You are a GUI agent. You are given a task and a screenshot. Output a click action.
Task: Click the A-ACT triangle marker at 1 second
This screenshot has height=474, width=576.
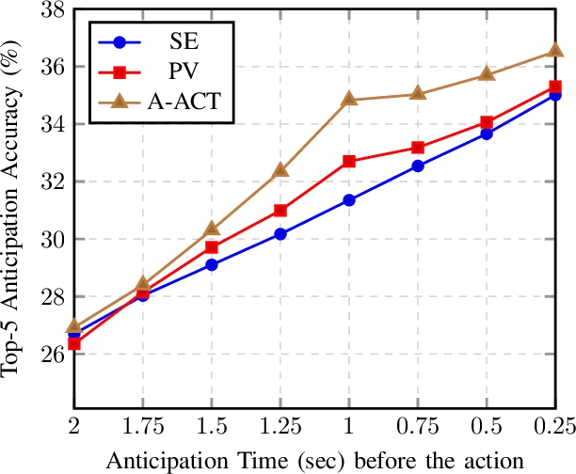tap(349, 99)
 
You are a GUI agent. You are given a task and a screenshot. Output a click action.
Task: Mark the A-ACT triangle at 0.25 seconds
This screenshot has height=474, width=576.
tap(555, 51)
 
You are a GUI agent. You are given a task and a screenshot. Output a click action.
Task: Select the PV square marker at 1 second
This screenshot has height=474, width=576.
tap(349, 161)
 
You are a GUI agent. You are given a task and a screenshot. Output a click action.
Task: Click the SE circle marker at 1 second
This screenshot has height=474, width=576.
tap(349, 199)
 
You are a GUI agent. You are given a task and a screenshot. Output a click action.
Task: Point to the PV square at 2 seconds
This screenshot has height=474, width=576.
tap(73, 343)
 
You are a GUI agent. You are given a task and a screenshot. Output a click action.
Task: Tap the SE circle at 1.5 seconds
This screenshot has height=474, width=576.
tap(211, 264)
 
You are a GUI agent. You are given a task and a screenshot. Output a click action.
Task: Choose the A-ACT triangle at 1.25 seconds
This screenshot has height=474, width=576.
tap(280, 170)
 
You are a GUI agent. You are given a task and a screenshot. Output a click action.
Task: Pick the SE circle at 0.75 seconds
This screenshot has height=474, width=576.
tap(418, 166)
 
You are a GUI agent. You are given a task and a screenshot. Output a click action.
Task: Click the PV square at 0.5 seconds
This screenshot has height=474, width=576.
tap(487, 122)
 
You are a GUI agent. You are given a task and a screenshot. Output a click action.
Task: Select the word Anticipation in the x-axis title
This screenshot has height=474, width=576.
tap(154, 461)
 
